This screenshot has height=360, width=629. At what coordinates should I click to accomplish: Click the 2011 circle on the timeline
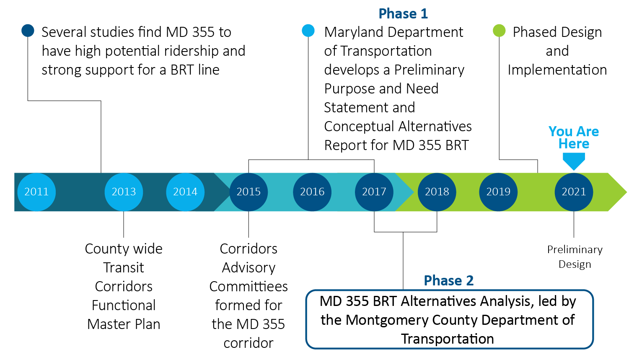[36, 192]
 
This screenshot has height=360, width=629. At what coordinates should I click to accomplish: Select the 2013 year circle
[124, 192]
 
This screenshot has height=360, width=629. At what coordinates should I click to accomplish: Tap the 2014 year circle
[185, 192]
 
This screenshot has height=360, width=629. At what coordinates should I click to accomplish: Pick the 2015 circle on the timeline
[248, 192]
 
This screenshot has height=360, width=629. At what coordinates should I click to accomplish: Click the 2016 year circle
[312, 192]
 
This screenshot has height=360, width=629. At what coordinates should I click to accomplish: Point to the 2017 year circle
[374, 192]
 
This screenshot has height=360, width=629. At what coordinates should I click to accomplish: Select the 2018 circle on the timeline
[437, 192]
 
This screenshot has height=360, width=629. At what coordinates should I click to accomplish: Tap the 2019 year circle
[498, 192]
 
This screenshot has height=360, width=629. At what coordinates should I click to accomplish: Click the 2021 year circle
[574, 192]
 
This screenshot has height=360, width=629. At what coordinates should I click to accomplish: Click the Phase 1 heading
[403, 14]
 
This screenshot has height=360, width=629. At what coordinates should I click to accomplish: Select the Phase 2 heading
[448, 280]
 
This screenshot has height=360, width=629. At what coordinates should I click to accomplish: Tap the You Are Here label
[574, 137]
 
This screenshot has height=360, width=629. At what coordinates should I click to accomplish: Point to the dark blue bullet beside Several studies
[28, 31]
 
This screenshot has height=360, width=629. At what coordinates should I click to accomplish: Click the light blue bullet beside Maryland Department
[308, 31]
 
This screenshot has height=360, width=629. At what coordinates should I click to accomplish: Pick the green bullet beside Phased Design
[499, 31]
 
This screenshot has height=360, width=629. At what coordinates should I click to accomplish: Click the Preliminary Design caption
[575, 257]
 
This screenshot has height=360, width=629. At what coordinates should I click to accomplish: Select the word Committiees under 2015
[248, 286]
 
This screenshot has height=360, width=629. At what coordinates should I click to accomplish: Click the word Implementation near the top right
[557, 70]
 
